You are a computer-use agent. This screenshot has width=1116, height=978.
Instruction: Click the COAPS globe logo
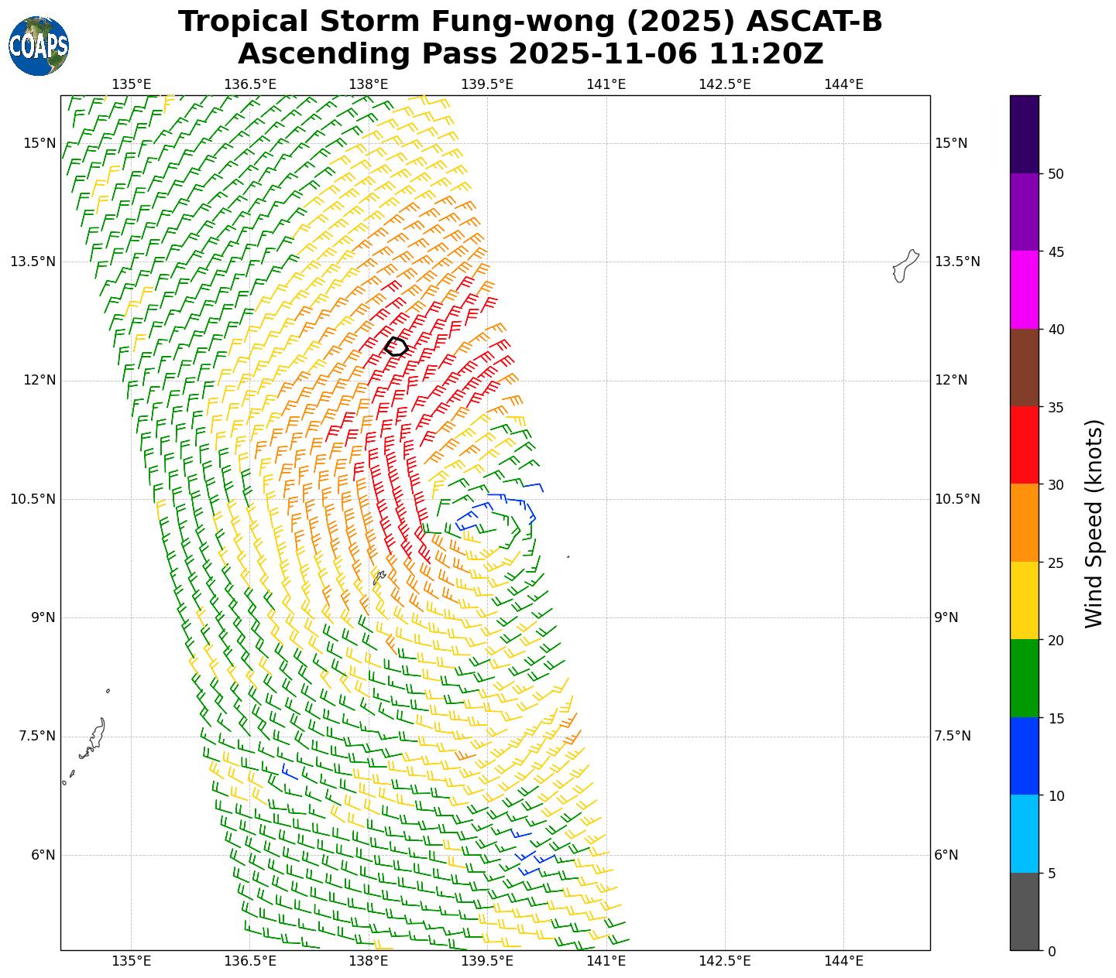[39, 46]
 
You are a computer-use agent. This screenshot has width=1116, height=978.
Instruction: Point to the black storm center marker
[397, 347]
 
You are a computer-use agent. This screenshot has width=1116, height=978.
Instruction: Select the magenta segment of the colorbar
[1024, 289]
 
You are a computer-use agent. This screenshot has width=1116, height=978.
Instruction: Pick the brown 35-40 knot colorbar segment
[1024, 368]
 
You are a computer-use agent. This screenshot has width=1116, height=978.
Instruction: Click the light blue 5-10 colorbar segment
[1024, 834]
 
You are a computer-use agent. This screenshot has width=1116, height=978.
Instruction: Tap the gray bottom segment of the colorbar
[1024, 911]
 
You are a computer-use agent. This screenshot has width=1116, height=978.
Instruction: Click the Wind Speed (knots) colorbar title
[1094, 523]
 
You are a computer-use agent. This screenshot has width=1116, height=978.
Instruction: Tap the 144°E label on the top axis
[843, 84]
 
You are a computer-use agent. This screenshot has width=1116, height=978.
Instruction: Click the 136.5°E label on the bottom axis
[250, 961]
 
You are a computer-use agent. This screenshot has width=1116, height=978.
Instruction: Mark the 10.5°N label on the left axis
[33, 499]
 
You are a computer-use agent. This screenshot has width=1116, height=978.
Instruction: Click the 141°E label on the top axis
[606, 84]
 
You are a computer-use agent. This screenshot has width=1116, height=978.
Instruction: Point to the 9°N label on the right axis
[946, 617]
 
